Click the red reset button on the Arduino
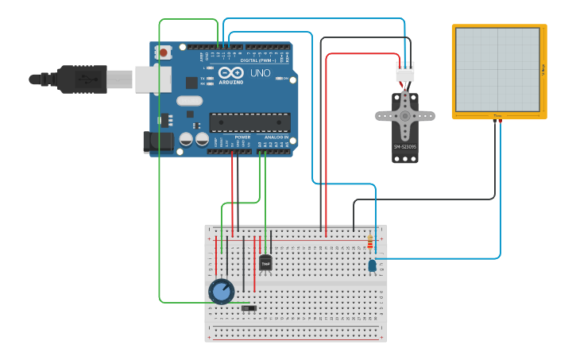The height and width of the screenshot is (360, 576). [164, 53]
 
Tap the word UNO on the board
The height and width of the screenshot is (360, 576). [260, 73]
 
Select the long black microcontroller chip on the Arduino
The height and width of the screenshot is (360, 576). [249, 122]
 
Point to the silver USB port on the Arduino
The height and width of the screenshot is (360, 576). [152, 79]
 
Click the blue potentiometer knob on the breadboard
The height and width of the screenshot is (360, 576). [221, 292]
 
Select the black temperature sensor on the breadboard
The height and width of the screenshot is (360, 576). [265, 262]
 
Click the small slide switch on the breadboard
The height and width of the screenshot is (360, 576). [249, 308]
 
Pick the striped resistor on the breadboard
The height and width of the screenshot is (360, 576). [370, 242]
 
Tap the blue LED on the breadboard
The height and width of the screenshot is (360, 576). [372, 266]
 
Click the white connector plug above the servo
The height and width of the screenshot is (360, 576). [405, 72]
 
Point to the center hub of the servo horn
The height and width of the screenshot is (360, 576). [405, 116]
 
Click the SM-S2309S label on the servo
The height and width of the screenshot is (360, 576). [404, 147]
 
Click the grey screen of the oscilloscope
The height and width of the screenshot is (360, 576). [498, 69]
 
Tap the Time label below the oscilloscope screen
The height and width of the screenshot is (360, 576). [498, 116]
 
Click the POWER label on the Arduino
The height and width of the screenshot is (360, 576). [242, 137]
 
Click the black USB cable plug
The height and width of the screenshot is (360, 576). [80, 79]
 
